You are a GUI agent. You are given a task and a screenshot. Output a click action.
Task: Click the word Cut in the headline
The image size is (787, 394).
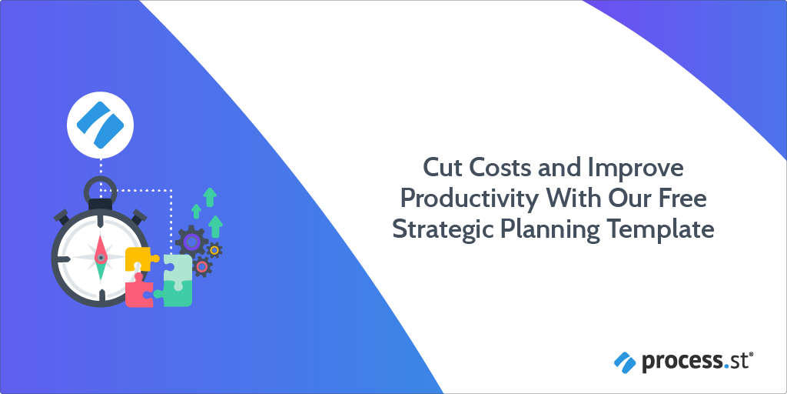coord(443,168)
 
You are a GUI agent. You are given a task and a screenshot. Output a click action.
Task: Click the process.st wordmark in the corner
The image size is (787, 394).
coord(692,359)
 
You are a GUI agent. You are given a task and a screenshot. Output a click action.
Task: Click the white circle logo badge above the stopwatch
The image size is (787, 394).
coord(100,124)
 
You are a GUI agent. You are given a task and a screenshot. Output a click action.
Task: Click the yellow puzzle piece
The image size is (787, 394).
coord(140,259)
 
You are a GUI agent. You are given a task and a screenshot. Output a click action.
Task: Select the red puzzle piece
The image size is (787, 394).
coord(138,290)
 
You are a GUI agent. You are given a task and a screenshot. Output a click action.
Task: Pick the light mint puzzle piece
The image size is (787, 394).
coord(178,266)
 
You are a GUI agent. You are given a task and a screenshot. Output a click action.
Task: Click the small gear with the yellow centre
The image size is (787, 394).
coord(215,249)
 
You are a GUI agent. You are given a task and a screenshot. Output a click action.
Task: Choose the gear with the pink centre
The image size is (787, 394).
coord(202,266)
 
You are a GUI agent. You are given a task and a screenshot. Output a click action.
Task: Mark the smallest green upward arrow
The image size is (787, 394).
coord(196,210)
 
